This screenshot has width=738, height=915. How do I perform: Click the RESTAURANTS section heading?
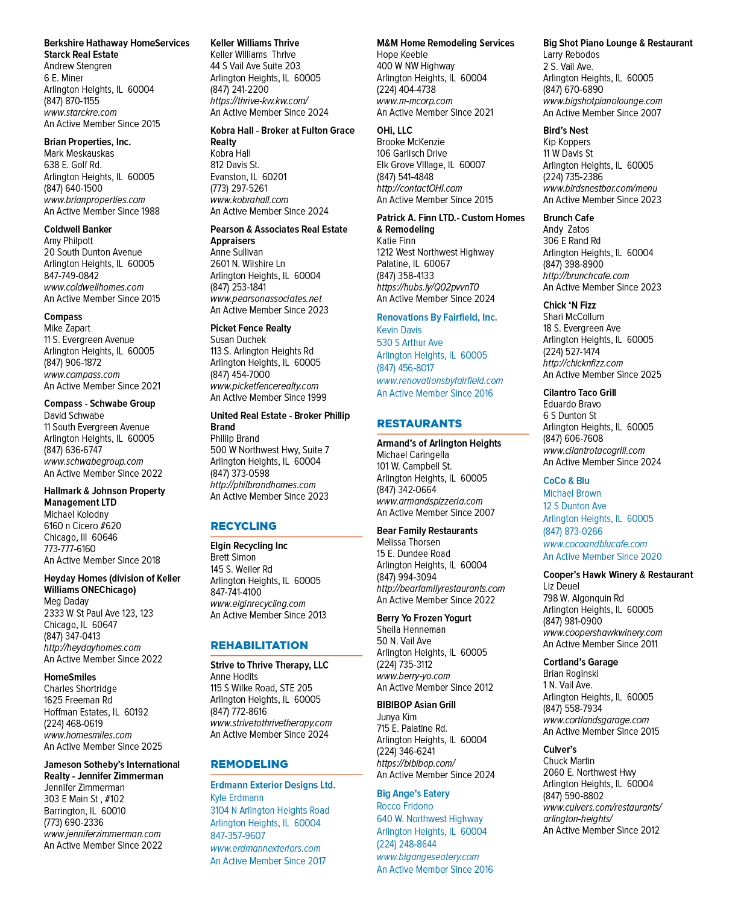click(x=419, y=424)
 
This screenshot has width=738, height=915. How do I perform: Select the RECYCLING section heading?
click(x=244, y=526)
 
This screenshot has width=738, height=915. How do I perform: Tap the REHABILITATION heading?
click(x=259, y=645)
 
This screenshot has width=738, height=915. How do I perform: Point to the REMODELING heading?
click(x=249, y=764)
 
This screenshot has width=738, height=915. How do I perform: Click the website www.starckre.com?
click(x=80, y=113)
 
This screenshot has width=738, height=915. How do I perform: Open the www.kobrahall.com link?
click(x=249, y=200)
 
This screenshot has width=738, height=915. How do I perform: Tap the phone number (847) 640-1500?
click(x=73, y=188)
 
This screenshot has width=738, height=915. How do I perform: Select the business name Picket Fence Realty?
click(x=251, y=329)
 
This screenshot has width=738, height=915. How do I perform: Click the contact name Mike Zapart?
click(x=67, y=329)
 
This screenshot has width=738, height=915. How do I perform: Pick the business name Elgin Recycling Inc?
click(x=249, y=546)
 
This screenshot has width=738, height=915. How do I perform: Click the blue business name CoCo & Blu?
click(x=566, y=481)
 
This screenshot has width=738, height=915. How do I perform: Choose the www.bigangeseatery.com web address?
click(x=427, y=857)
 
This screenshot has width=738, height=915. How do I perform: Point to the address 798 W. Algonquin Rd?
click(x=583, y=598)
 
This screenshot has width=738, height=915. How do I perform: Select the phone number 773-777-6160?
click(x=70, y=549)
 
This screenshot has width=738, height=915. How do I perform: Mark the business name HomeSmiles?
click(x=70, y=678)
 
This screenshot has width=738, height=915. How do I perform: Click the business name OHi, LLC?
click(x=394, y=131)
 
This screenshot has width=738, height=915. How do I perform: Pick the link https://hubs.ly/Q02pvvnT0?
click(x=427, y=288)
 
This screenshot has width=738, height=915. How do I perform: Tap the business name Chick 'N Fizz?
click(x=569, y=305)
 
